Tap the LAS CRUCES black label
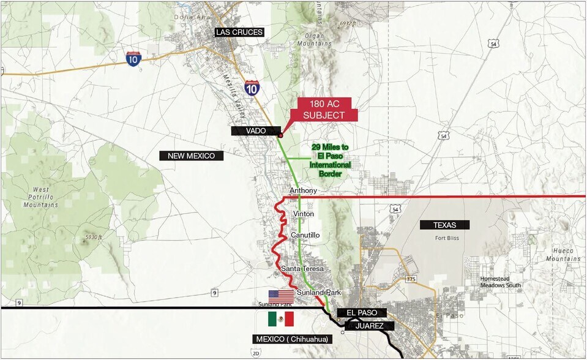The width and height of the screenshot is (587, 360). [x=239, y=32]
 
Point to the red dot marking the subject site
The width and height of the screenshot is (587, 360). [x=280, y=135]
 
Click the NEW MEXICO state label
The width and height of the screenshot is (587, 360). [x=192, y=156]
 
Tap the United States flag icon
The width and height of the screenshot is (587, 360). [x=281, y=296]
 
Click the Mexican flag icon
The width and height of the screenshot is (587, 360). [x=281, y=319]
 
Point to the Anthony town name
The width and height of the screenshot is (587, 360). [x=303, y=191]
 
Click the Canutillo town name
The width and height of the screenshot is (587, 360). [x=306, y=235]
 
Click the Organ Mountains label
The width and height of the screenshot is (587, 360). [x=315, y=40]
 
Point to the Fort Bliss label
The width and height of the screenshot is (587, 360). [x=447, y=238]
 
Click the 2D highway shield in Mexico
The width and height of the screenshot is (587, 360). [x=255, y=353]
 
